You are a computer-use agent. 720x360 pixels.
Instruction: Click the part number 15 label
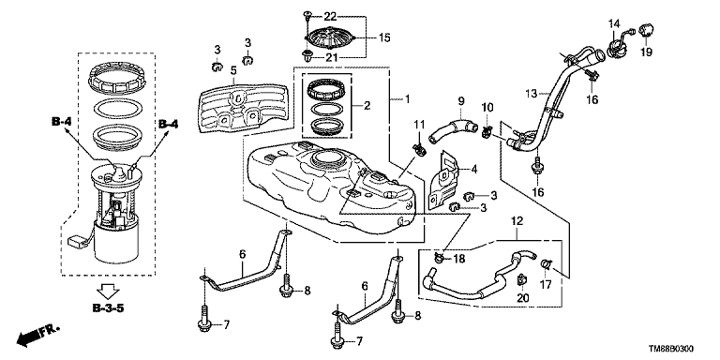pyautogui.click(x=384, y=37)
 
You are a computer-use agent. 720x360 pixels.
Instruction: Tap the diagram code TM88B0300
pyautogui.click(x=671, y=350)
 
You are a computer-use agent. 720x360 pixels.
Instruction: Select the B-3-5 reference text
pyautogui.click(x=108, y=308)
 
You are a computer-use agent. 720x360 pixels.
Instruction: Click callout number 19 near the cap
pyautogui.click(x=646, y=52)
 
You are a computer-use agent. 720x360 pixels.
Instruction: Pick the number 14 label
pyautogui.click(x=614, y=22)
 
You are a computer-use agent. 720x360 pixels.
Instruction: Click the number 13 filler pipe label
pyautogui.click(x=532, y=94)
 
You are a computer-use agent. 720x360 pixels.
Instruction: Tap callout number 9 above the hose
pyautogui.click(x=461, y=100)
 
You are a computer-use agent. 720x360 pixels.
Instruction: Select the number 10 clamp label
pyautogui.click(x=487, y=108)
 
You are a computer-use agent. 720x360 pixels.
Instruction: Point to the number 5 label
pyautogui.click(x=233, y=70)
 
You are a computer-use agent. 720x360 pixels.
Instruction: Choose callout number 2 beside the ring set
pyautogui.click(x=367, y=106)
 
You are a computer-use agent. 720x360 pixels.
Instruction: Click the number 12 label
pyautogui.click(x=517, y=221)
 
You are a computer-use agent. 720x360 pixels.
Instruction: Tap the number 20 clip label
pyautogui.click(x=523, y=298)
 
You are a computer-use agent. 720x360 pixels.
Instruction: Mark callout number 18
pyautogui.click(x=458, y=259)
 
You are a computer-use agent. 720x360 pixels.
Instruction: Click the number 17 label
pyautogui.click(x=545, y=285)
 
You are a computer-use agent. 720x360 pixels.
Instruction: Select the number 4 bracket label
pyautogui.click(x=474, y=170)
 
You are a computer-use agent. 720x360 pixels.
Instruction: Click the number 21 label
pyautogui.click(x=331, y=57)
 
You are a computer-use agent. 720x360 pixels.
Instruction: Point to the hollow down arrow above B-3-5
pyautogui.click(x=109, y=292)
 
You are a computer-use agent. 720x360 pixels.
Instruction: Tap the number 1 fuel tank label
pyautogui.click(x=406, y=98)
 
